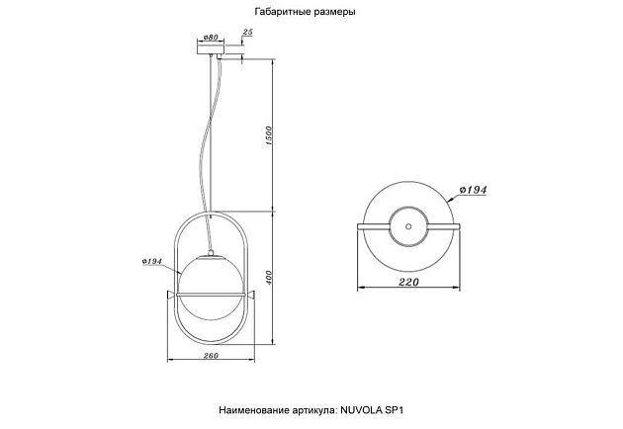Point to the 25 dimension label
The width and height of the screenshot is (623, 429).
pyautogui.click(x=248, y=34)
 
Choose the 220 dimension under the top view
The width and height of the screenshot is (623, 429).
pyautogui.click(x=405, y=283)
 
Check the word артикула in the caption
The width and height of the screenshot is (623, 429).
pyautogui.click(x=314, y=407)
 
